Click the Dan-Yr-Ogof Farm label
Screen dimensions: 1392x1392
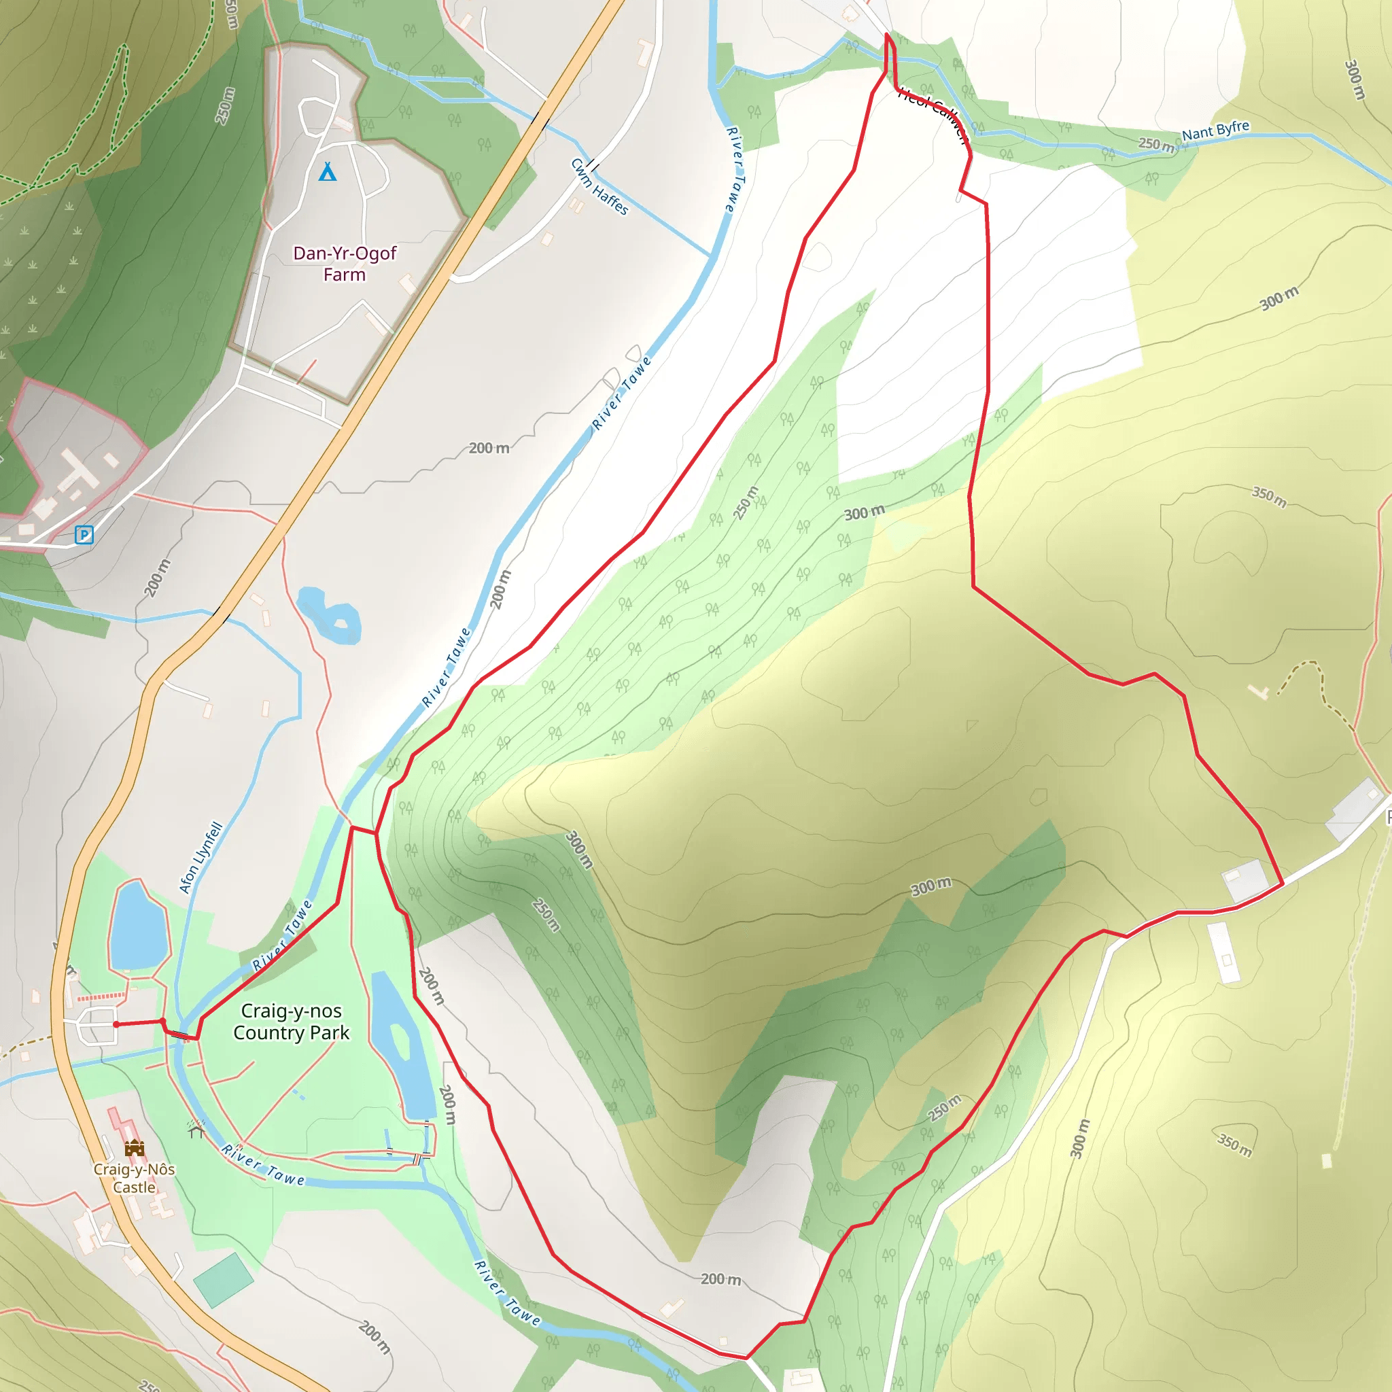345,264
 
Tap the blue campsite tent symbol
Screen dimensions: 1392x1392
328,171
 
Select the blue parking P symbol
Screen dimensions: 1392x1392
84,535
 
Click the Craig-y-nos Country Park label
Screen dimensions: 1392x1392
291,1022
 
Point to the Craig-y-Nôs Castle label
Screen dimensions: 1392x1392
134,1178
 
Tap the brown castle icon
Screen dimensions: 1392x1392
134,1149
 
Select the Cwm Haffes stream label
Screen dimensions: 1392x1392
599,188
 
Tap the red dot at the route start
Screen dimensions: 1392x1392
116,1024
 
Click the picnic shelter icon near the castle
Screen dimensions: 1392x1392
196,1130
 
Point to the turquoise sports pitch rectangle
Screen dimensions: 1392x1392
224,1281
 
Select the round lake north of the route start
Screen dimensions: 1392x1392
139,926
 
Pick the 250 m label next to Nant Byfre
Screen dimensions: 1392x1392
1155,144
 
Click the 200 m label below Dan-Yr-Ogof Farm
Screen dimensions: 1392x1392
489,448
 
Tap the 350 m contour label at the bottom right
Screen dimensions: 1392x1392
1235,1145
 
